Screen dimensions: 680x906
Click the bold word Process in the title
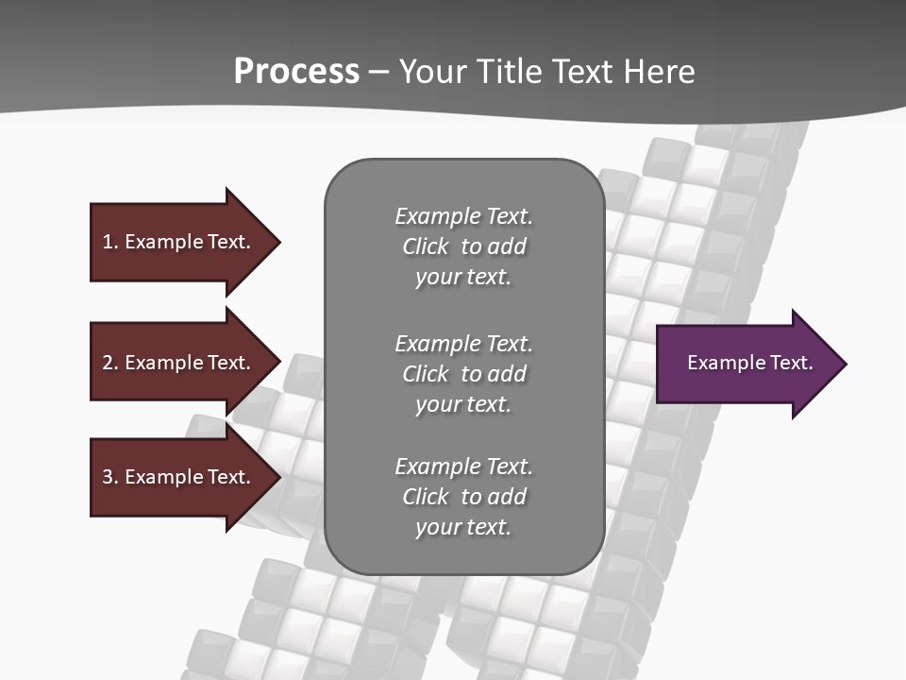pos(296,72)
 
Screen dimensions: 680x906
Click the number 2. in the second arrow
pos(109,363)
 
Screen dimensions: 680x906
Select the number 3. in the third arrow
pos(109,477)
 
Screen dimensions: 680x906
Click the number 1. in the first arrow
pos(109,242)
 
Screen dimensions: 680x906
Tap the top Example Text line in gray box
pos(463,216)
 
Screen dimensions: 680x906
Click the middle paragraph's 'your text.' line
pos(463,404)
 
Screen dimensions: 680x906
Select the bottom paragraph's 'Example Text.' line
pos(463,467)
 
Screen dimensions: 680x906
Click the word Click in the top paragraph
pos(425,246)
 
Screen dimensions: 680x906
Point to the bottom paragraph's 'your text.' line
pos(463,527)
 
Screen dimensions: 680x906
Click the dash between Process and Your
pos(379,72)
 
